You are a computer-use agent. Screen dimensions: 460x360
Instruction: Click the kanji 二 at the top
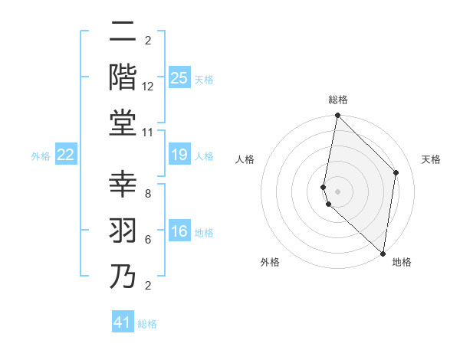(123, 33)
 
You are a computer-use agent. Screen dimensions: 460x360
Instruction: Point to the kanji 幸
(123, 186)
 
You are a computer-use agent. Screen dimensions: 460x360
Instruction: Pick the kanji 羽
(123, 231)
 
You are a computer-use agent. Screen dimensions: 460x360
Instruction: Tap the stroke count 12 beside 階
(148, 87)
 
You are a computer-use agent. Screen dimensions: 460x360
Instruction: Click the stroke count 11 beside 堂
(148, 132)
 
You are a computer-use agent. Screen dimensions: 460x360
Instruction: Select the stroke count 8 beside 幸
(148, 195)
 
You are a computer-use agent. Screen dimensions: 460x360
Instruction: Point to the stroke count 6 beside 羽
(148, 240)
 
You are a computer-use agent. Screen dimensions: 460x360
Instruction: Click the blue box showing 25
(179, 78)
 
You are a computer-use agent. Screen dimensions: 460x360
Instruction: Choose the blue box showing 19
(179, 155)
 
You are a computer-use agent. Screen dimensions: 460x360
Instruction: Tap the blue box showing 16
(179, 232)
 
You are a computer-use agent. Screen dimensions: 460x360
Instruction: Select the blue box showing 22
(66, 155)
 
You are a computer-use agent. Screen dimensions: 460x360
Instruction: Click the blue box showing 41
(123, 322)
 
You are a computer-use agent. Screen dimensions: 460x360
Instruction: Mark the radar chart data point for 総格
(337, 116)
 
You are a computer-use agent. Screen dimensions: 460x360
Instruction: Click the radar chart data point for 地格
(383, 253)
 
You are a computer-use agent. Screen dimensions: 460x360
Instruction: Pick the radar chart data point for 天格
(396, 172)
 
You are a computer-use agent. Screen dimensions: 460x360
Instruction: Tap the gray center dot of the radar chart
(337, 191)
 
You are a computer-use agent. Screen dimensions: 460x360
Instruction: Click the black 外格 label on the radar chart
(270, 262)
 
